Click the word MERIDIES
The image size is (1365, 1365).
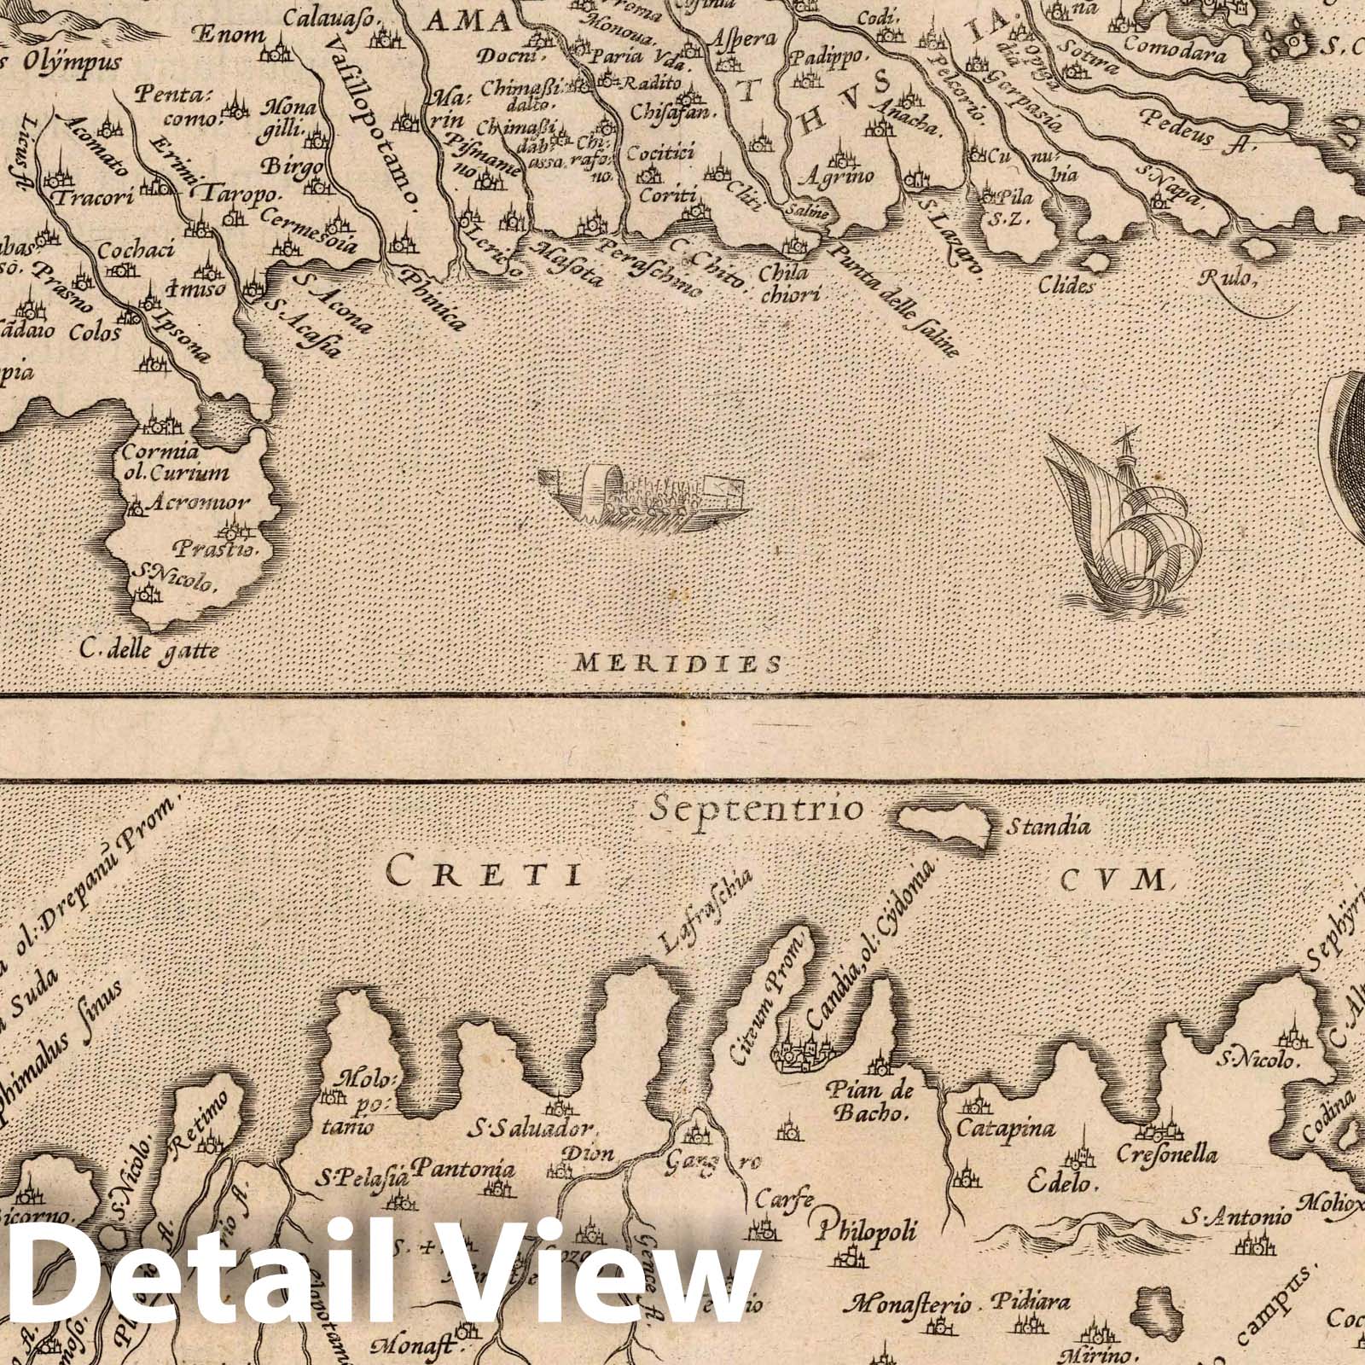click(677, 663)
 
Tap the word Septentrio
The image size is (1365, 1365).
click(757, 810)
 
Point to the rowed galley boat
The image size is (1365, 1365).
click(644, 498)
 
